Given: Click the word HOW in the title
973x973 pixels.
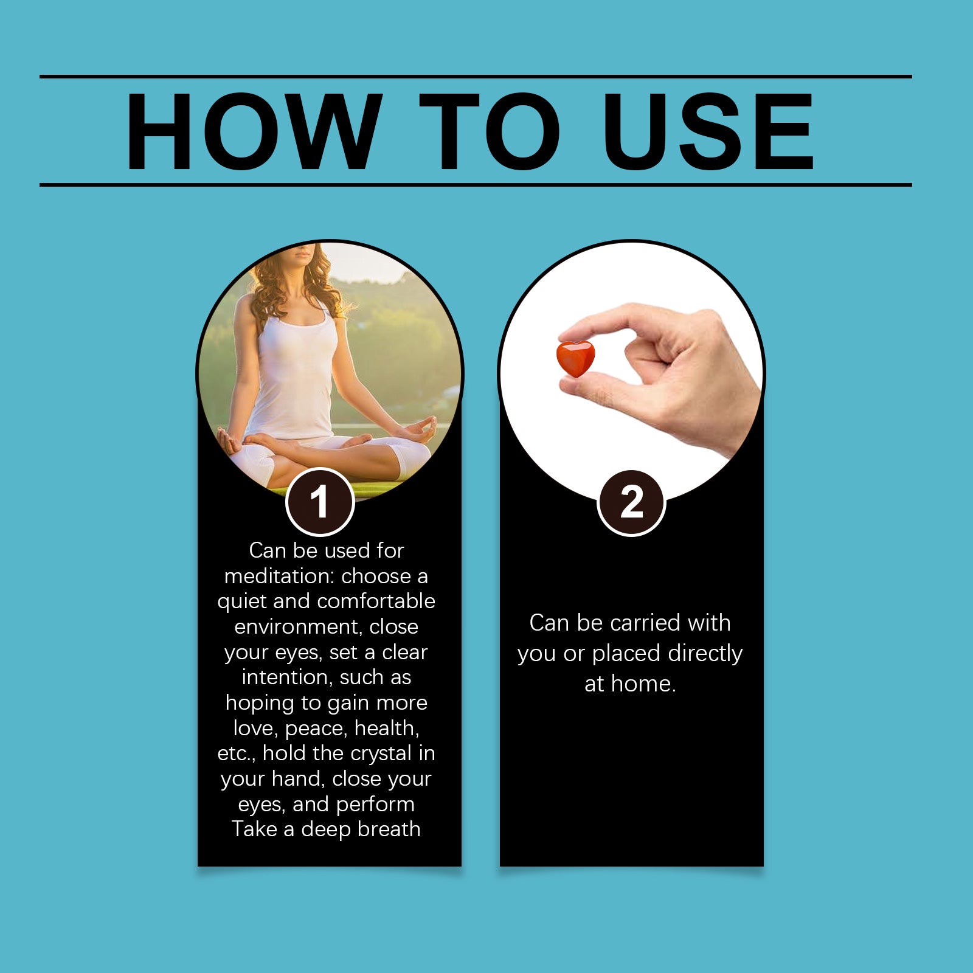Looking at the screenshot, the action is [x=254, y=132].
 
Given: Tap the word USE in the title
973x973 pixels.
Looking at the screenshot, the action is [x=708, y=132].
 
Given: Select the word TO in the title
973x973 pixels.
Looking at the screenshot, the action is [x=489, y=132].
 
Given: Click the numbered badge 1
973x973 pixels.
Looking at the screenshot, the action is [x=320, y=502].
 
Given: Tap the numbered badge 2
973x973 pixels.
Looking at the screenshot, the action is [x=632, y=503].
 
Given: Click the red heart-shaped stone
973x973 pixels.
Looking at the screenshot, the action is [x=575, y=359].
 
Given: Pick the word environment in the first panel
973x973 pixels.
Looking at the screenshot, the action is [x=297, y=627].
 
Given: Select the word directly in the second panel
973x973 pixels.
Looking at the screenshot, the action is [x=705, y=654].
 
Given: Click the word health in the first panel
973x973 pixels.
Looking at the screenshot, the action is [x=387, y=728].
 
